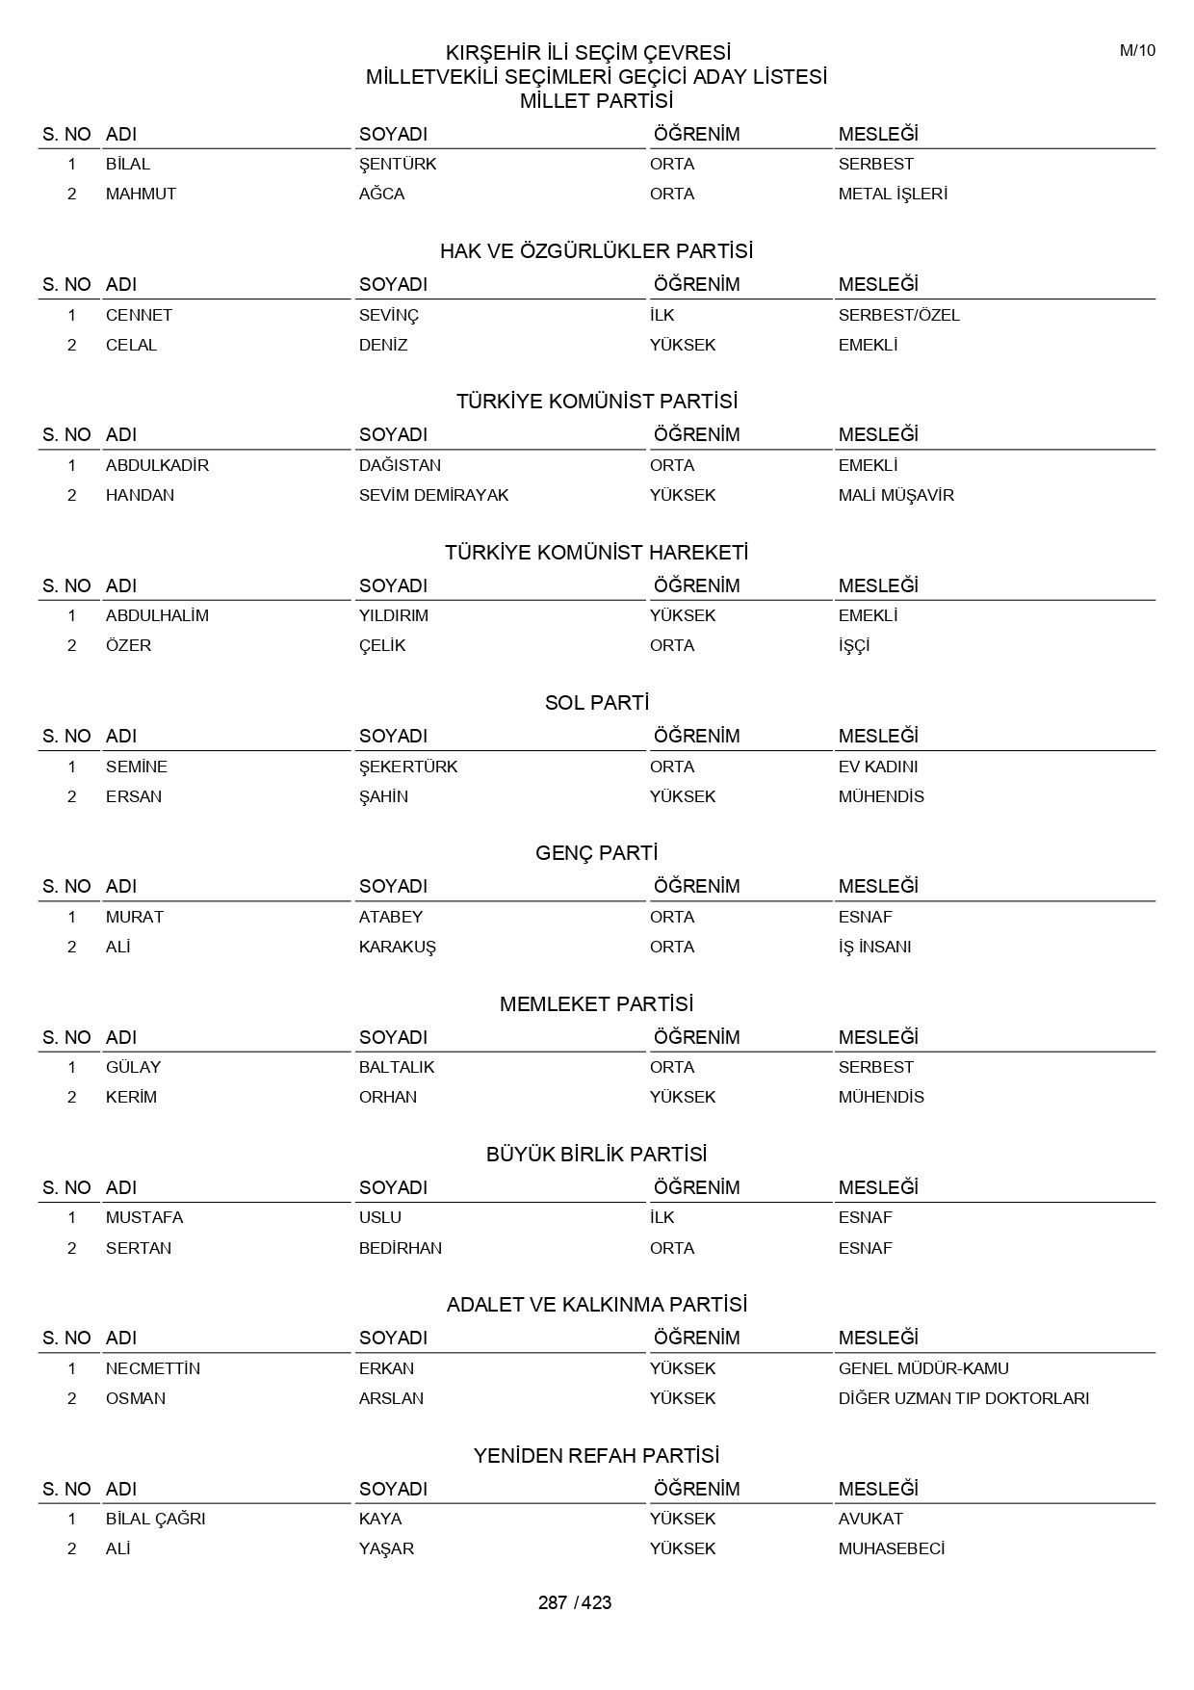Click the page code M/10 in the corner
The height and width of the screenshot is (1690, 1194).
point(1137,51)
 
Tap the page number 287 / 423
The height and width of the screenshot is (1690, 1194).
point(575,1602)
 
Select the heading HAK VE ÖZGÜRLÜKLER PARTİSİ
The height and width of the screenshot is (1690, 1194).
point(596,251)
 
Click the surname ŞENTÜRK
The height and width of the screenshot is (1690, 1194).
point(398,164)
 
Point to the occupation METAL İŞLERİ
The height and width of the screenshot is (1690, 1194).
point(893,194)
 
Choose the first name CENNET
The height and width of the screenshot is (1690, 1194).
point(139,315)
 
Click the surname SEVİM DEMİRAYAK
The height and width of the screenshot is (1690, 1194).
point(433,495)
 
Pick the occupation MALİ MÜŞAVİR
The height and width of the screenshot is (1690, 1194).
point(895,495)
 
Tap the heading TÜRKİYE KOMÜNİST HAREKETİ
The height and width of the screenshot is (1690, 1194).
point(596,553)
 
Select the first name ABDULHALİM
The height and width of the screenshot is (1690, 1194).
point(157,615)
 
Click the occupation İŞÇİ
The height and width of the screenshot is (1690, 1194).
point(854,645)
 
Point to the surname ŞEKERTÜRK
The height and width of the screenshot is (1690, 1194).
point(408,767)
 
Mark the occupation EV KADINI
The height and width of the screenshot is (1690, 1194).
point(878,767)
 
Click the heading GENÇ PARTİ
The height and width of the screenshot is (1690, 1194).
point(596,853)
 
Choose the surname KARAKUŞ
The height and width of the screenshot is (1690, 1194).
point(397,947)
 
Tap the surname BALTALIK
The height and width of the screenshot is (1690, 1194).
point(397,1067)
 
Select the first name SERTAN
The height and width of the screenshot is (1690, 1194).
point(139,1248)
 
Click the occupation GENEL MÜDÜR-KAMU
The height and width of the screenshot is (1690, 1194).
point(923,1368)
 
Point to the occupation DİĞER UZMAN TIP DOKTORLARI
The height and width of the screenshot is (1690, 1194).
point(963,1398)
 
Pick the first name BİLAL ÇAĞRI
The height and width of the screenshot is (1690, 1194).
point(155,1519)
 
